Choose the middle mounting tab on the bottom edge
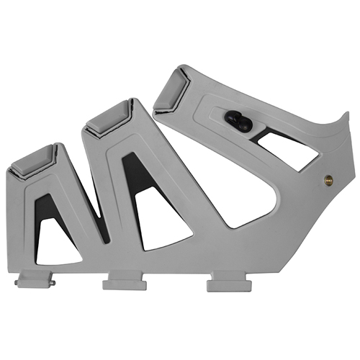click(x=124, y=283)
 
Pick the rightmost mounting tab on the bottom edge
click(x=228, y=284)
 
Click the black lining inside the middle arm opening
click(x=133, y=180)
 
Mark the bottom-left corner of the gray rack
click(x=14, y=272)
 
